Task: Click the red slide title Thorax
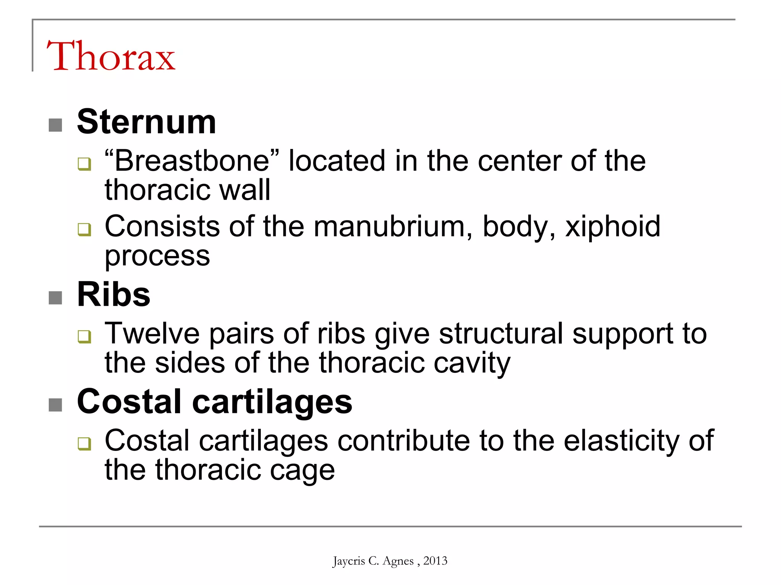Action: click(111, 56)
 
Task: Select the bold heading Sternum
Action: click(146, 122)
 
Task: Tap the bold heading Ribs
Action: click(114, 294)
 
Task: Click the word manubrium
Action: click(393, 227)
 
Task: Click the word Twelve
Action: click(152, 334)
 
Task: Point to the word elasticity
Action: click(621, 441)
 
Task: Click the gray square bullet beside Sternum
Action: click(55, 125)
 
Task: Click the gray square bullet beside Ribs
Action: click(55, 298)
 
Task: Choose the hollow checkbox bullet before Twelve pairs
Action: click(84, 336)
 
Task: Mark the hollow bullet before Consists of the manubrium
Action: click(84, 229)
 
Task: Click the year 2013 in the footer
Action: click(435, 561)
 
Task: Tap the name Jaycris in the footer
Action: click(349, 561)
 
